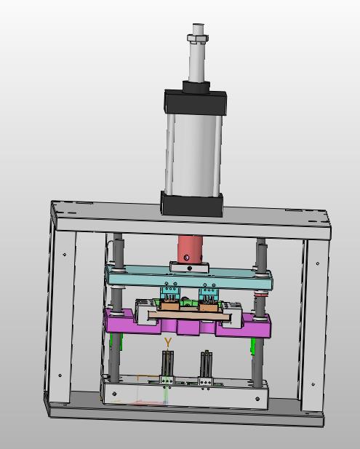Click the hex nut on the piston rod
[x=198, y=38]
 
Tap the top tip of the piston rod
[x=198, y=24]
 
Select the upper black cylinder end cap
[x=196, y=101]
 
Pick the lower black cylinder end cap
[x=191, y=203]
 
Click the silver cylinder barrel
[x=193, y=154]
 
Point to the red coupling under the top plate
[x=191, y=250]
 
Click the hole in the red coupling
[x=187, y=258]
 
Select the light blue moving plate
[x=189, y=276]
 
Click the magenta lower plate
[x=188, y=324]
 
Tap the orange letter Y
[x=168, y=342]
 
